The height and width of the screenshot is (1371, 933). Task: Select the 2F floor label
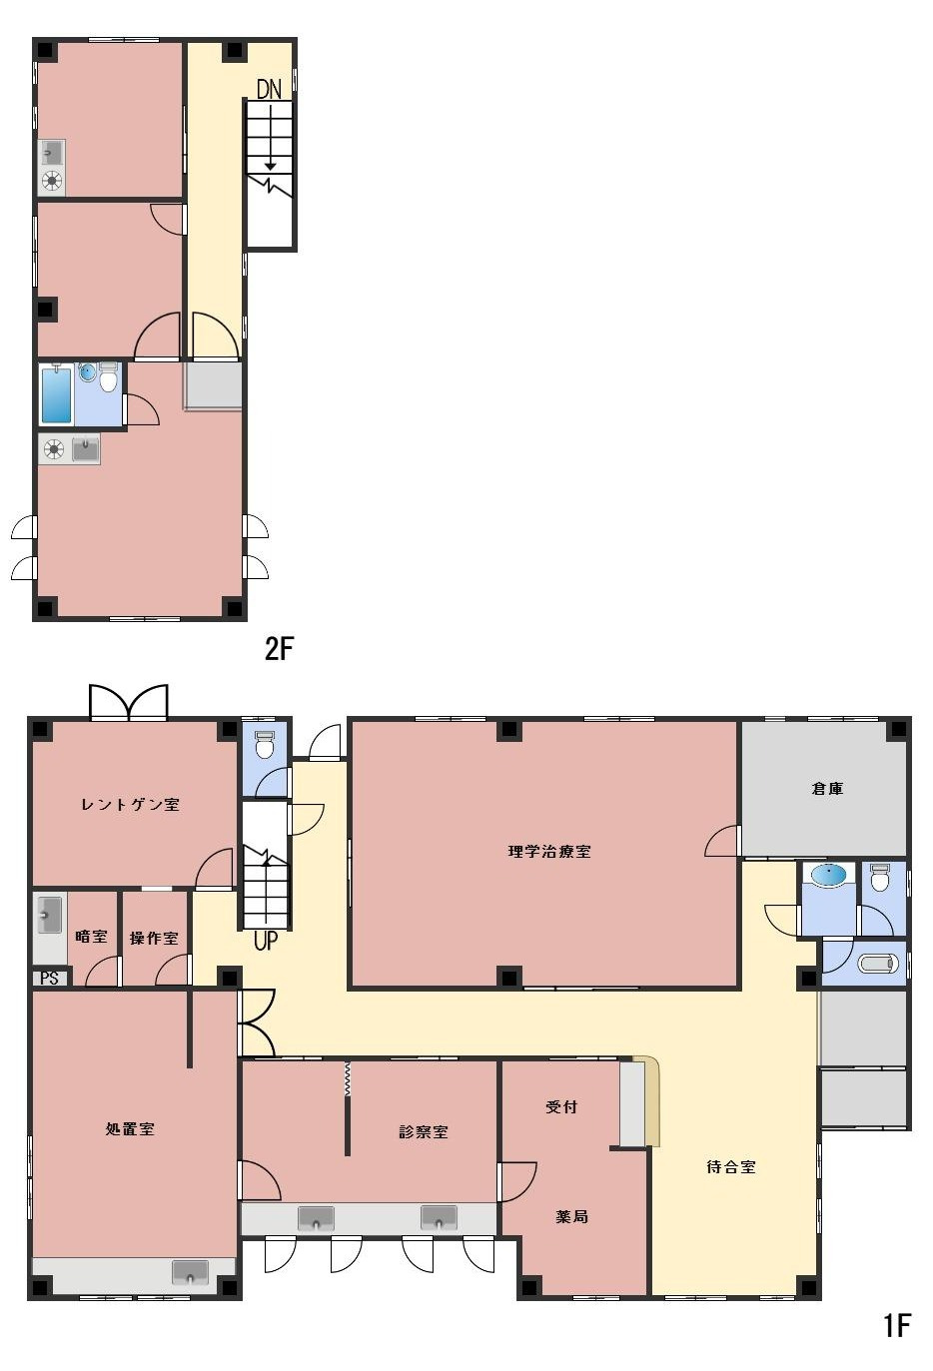(x=279, y=649)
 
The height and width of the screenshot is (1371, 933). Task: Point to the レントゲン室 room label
(x=131, y=804)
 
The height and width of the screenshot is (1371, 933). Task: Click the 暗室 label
(x=91, y=937)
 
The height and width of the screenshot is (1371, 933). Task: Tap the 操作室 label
(x=154, y=938)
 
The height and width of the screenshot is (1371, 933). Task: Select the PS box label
(x=50, y=978)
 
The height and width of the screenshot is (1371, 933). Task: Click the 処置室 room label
(x=130, y=1129)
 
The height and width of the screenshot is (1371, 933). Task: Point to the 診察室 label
(x=423, y=1131)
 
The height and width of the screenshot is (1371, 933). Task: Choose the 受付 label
(x=561, y=1106)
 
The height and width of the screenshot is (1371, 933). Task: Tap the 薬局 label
(x=571, y=1217)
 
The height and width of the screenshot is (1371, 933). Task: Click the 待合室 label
(x=731, y=1167)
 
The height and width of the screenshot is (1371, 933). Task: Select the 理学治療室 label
(x=549, y=852)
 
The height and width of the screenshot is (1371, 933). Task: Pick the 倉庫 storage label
(x=827, y=788)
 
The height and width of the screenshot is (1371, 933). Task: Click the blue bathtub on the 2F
(x=56, y=393)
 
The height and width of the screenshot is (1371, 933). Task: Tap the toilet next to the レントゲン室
(x=264, y=745)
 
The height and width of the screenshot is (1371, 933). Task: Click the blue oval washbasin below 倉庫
(x=829, y=873)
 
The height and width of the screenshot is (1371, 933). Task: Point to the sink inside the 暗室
(x=49, y=915)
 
